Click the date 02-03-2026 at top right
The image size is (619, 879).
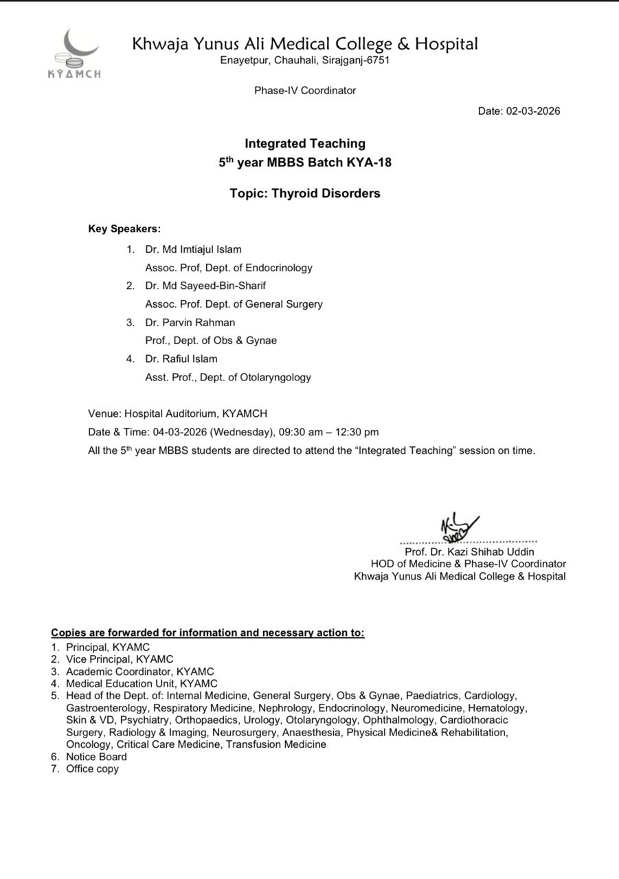(x=533, y=111)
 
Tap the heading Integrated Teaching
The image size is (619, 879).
(x=305, y=144)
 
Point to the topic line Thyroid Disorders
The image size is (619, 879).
(x=305, y=194)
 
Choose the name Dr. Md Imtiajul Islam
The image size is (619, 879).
(x=193, y=249)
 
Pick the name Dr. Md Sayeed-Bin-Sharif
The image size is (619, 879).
(x=205, y=286)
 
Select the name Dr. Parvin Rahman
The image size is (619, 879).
(x=190, y=322)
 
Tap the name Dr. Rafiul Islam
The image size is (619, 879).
(x=181, y=358)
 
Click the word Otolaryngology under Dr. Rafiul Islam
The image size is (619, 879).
(x=274, y=377)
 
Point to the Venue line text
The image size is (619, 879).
(x=177, y=413)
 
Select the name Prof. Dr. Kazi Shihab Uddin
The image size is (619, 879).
(x=469, y=551)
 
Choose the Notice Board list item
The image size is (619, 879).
(x=96, y=757)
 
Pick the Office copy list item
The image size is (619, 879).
(x=92, y=768)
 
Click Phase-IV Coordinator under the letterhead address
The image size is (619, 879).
(x=305, y=90)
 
